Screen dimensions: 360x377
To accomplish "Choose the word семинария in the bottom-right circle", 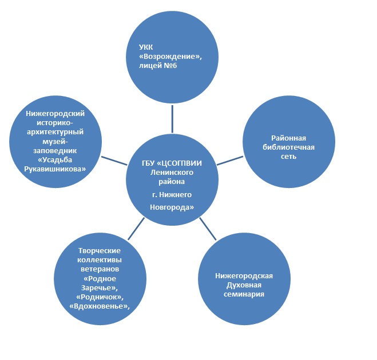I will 244,294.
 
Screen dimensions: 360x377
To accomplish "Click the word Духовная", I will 244,285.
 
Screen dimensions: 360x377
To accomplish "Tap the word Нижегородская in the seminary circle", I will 244,276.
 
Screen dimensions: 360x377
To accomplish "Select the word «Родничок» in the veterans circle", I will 99,297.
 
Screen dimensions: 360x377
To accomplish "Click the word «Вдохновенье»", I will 99,306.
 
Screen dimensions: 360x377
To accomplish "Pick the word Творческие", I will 99,251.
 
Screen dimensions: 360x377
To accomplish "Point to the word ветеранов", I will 99,269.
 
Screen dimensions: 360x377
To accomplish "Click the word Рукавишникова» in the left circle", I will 55,169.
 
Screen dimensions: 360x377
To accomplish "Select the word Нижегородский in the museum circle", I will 55,114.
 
